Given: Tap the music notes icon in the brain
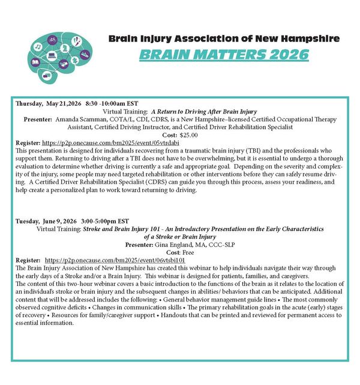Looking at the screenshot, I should [38, 46].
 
